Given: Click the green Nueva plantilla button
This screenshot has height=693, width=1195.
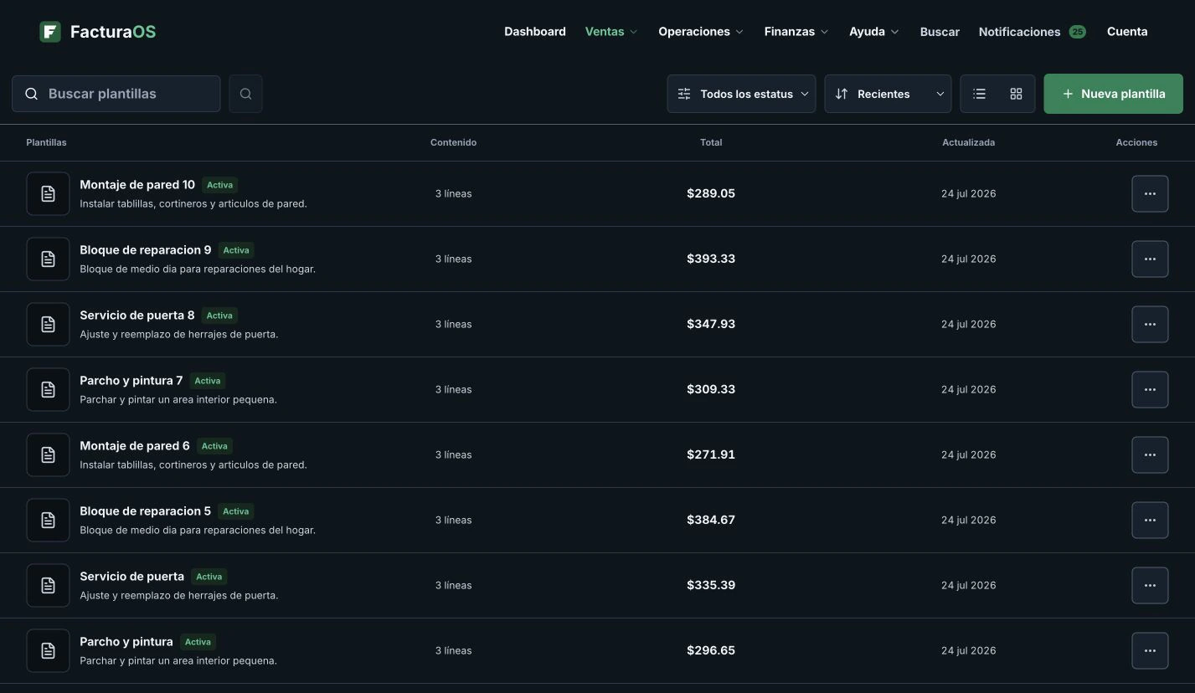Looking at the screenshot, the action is click(x=1113, y=94).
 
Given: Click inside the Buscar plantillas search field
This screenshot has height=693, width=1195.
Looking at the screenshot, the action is click(x=116, y=94).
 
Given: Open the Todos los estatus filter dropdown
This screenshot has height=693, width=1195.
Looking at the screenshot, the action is click(x=741, y=94).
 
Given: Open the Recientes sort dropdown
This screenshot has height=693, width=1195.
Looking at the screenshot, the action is click(x=888, y=94).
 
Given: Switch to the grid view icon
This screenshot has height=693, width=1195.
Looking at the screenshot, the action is click(x=1016, y=94).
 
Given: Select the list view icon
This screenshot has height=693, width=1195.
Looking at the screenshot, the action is click(x=979, y=94).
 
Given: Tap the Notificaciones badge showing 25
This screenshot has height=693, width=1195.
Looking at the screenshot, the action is click(x=1077, y=32).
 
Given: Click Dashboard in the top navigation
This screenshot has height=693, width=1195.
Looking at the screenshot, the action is click(x=534, y=32).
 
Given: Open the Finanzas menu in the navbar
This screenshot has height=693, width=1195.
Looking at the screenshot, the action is click(x=796, y=32).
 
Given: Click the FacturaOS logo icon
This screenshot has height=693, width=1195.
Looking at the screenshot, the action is click(x=50, y=32).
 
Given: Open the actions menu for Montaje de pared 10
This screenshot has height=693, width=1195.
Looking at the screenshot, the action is click(x=1150, y=193).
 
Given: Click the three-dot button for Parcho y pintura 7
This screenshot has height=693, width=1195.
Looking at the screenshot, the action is click(x=1150, y=390).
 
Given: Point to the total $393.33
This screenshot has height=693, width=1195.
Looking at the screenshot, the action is click(x=711, y=259).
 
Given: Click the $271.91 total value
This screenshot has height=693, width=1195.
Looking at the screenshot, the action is click(x=711, y=454).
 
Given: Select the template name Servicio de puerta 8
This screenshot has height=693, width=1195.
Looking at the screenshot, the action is click(x=137, y=315).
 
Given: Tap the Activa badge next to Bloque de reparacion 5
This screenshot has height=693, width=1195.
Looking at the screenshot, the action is click(x=235, y=511).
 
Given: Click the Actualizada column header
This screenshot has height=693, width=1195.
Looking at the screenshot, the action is click(x=968, y=142).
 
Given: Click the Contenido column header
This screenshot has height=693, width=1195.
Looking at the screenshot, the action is click(x=453, y=142).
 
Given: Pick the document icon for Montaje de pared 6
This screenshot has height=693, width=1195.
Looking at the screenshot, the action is click(x=48, y=454).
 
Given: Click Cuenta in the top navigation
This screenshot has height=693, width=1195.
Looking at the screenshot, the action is click(x=1126, y=32).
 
